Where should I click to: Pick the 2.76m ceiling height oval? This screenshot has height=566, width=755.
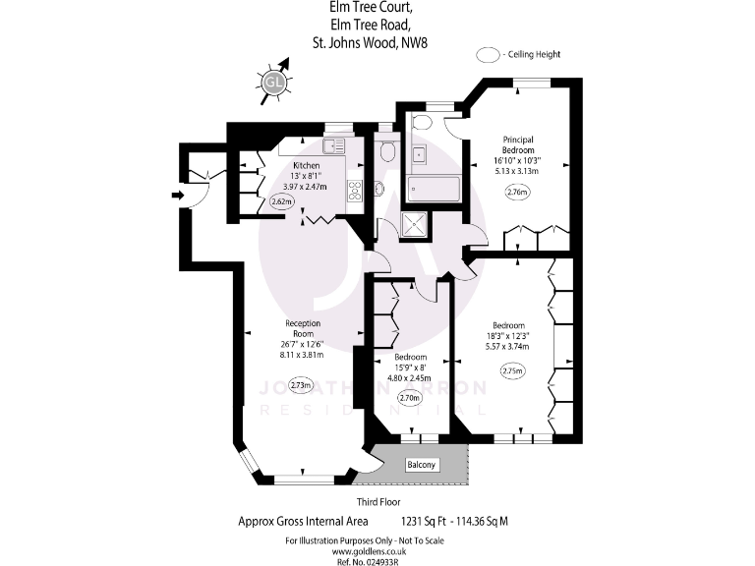point(517,193)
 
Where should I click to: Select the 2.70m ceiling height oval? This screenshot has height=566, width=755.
point(411,399)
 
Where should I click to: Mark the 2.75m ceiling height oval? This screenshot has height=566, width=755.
point(512,370)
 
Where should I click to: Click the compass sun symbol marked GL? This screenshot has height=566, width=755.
point(274,85)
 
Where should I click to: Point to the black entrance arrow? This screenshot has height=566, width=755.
point(177,196)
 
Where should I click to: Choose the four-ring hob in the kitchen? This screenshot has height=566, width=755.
point(354,191)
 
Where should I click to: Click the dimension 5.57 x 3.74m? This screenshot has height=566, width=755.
point(508,347)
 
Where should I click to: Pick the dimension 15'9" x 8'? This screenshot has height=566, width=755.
point(411,366)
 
